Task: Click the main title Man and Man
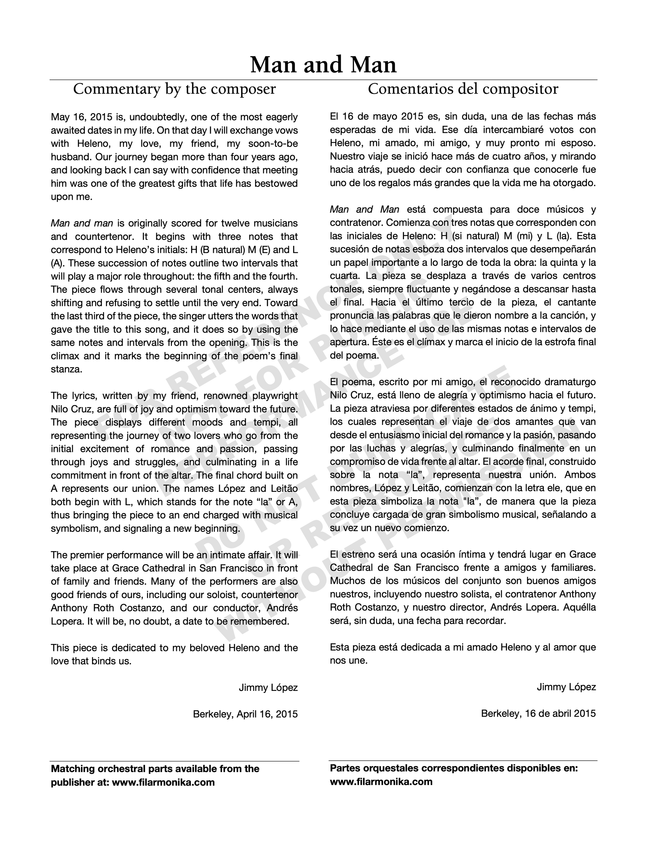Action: pyautogui.click(x=323, y=65)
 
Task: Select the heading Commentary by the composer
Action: pyautogui.click(x=175, y=89)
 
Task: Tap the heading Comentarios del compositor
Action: pyautogui.click(x=463, y=89)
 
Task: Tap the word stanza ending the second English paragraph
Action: pyautogui.click(x=66, y=369)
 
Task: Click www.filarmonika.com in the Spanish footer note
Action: pyautogui.click(x=381, y=782)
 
